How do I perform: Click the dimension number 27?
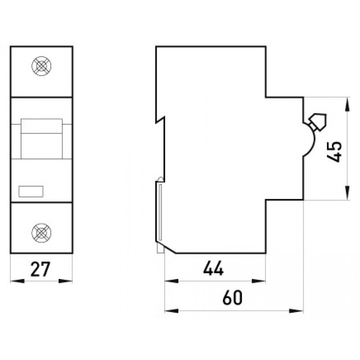pyautogui.click(x=40, y=269)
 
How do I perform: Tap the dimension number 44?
pyautogui.click(x=213, y=268)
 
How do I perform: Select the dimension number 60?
pyautogui.click(x=232, y=297)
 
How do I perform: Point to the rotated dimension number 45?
pyautogui.click(x=334, y=152)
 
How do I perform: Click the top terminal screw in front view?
pyautogui.click(x=41, y=66)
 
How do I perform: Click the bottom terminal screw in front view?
pyautogui.click(x=41, y=233)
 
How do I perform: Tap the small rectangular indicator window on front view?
pyautogui.click(x=31, y=192)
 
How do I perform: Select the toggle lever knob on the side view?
pyautogui.click(x=318, y=121)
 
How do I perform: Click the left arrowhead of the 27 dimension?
pyautogui.click(x=18, y=281)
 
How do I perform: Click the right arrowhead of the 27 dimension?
pyautogui.click(x=65, y=281)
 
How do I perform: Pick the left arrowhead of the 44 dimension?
pyautogui.click(x=172, y=281)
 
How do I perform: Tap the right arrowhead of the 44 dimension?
pyautogui.click(x=259, y=281)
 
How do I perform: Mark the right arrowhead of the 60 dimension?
pyautogui.click(x=296, y=311)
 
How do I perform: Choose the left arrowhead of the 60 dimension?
pyautogui.click(x=172, y=311)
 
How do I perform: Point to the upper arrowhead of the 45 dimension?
pyautogui.click(x=347, y=104)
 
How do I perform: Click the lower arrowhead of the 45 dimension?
pyautogui.click(x=347, y=193)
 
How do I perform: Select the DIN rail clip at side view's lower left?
pyautogui.click(x=160, y=216)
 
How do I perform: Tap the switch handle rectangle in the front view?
pyautogui.click(x=41, y=139)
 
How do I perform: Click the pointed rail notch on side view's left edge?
pyautogui.click(x=161, y=120)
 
